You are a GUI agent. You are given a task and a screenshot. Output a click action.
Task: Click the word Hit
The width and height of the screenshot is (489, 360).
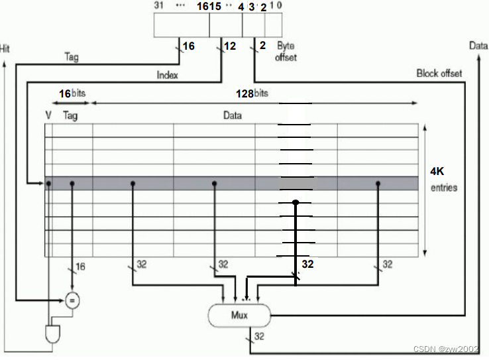[6, 48]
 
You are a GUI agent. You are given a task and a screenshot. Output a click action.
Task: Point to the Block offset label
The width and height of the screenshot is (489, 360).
[439, 73]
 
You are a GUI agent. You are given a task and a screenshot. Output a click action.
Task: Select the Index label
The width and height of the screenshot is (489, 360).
[167, 75]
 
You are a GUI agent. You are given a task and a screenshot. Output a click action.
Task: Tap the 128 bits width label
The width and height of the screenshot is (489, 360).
[252, 93]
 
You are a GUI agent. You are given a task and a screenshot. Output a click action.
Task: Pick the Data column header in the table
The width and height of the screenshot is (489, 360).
[232, 115]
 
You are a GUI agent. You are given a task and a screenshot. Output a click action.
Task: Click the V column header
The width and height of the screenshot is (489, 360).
[48, 115]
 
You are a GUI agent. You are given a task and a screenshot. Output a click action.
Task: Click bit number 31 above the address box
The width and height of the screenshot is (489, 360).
[159, 6]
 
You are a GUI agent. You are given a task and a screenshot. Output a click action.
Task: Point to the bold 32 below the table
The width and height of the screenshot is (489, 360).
[307, 263]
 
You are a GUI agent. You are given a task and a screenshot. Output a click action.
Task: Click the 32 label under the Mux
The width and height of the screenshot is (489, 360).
[259, 337]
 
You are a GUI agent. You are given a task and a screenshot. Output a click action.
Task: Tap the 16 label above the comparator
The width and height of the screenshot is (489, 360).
[80, 267]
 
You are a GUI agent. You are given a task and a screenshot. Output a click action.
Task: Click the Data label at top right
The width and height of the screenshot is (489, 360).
[478, 46]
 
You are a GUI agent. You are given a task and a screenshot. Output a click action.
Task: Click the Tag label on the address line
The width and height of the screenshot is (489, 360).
[71, 58]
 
